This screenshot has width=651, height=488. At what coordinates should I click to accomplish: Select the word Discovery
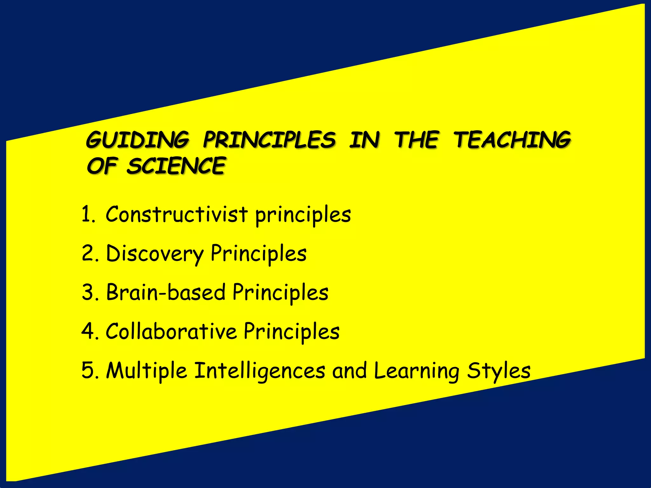tap(154, 253)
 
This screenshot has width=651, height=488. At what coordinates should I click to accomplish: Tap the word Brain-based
tap(166, 292)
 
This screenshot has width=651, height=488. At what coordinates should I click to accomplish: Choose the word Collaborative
tap(171, 331)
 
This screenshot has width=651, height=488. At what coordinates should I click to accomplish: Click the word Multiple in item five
tap(147, 370)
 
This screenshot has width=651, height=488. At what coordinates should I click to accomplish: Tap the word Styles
tap(499, 370)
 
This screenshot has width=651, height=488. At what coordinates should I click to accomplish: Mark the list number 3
tap(89, 292)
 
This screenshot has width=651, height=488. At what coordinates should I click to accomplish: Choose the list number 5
tap(89, 370)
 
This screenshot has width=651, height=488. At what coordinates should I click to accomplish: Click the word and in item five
tap(349, 370)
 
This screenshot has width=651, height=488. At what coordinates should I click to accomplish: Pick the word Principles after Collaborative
tap(291, 331)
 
